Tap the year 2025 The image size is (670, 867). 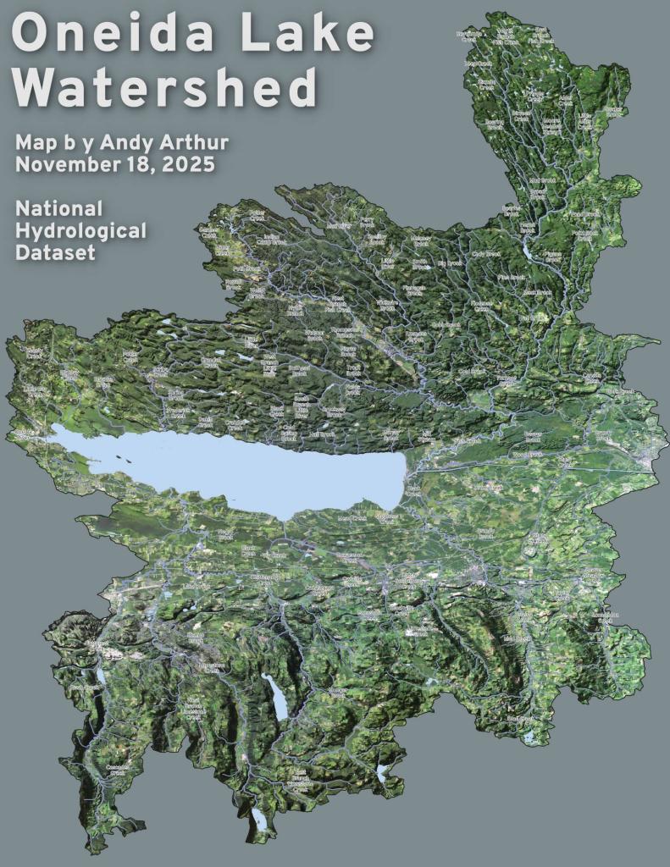[186, 163]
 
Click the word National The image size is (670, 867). [58, 208]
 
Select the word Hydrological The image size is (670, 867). [80, 230]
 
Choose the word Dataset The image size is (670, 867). [54, 252]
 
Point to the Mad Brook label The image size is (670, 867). [542, 180]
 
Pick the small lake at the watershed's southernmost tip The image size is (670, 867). [257, 816]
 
